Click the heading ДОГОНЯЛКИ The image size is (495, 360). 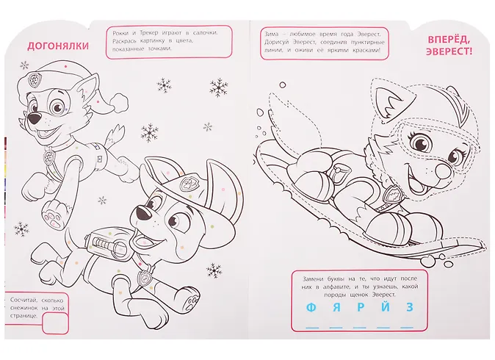[58, 46]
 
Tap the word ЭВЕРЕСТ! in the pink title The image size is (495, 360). [449, 51]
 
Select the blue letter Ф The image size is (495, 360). [311, 307]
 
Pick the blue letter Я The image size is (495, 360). [336, 307]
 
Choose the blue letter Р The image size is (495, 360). [361, 307]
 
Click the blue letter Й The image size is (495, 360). [386, 306]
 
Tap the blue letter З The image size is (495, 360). [410, 307]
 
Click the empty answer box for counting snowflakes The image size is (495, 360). [55, 323]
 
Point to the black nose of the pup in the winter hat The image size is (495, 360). [34, 119]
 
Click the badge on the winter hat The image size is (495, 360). [33, 80]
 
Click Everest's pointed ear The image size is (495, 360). [391, 101]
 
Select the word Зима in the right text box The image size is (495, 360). [272, 34]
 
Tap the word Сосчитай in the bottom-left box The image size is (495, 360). [23, 300]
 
